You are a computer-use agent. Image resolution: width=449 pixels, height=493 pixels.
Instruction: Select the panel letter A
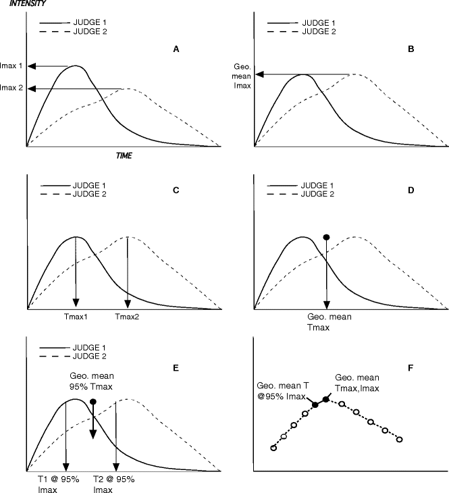[x=176, y=49]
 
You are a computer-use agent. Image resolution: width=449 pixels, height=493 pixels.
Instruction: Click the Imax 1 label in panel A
[x=13, y=66]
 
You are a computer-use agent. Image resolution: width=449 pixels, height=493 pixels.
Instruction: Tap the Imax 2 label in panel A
[x=13, y=88]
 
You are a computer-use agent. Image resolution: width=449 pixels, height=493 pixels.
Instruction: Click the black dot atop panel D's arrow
[x=327, y=236]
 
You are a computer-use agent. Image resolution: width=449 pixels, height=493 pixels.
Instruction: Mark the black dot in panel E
[x=93, y=402]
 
